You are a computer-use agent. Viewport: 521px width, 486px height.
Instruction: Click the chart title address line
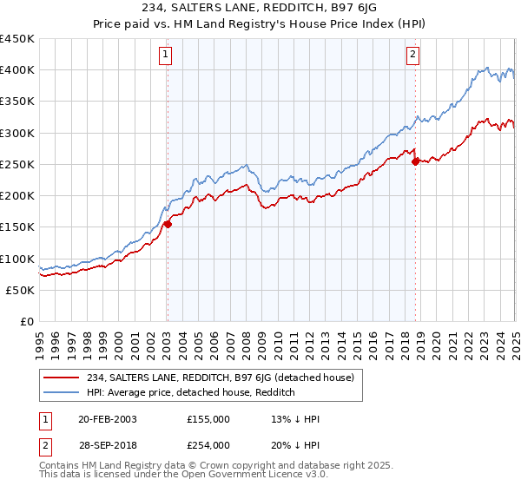click(260, 8)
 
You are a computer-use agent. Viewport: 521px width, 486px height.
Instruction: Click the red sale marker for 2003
click(168, 224)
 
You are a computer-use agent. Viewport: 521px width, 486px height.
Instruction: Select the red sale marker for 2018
click(415, 161)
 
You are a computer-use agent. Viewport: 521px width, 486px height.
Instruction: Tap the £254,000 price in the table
click(208, 444)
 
